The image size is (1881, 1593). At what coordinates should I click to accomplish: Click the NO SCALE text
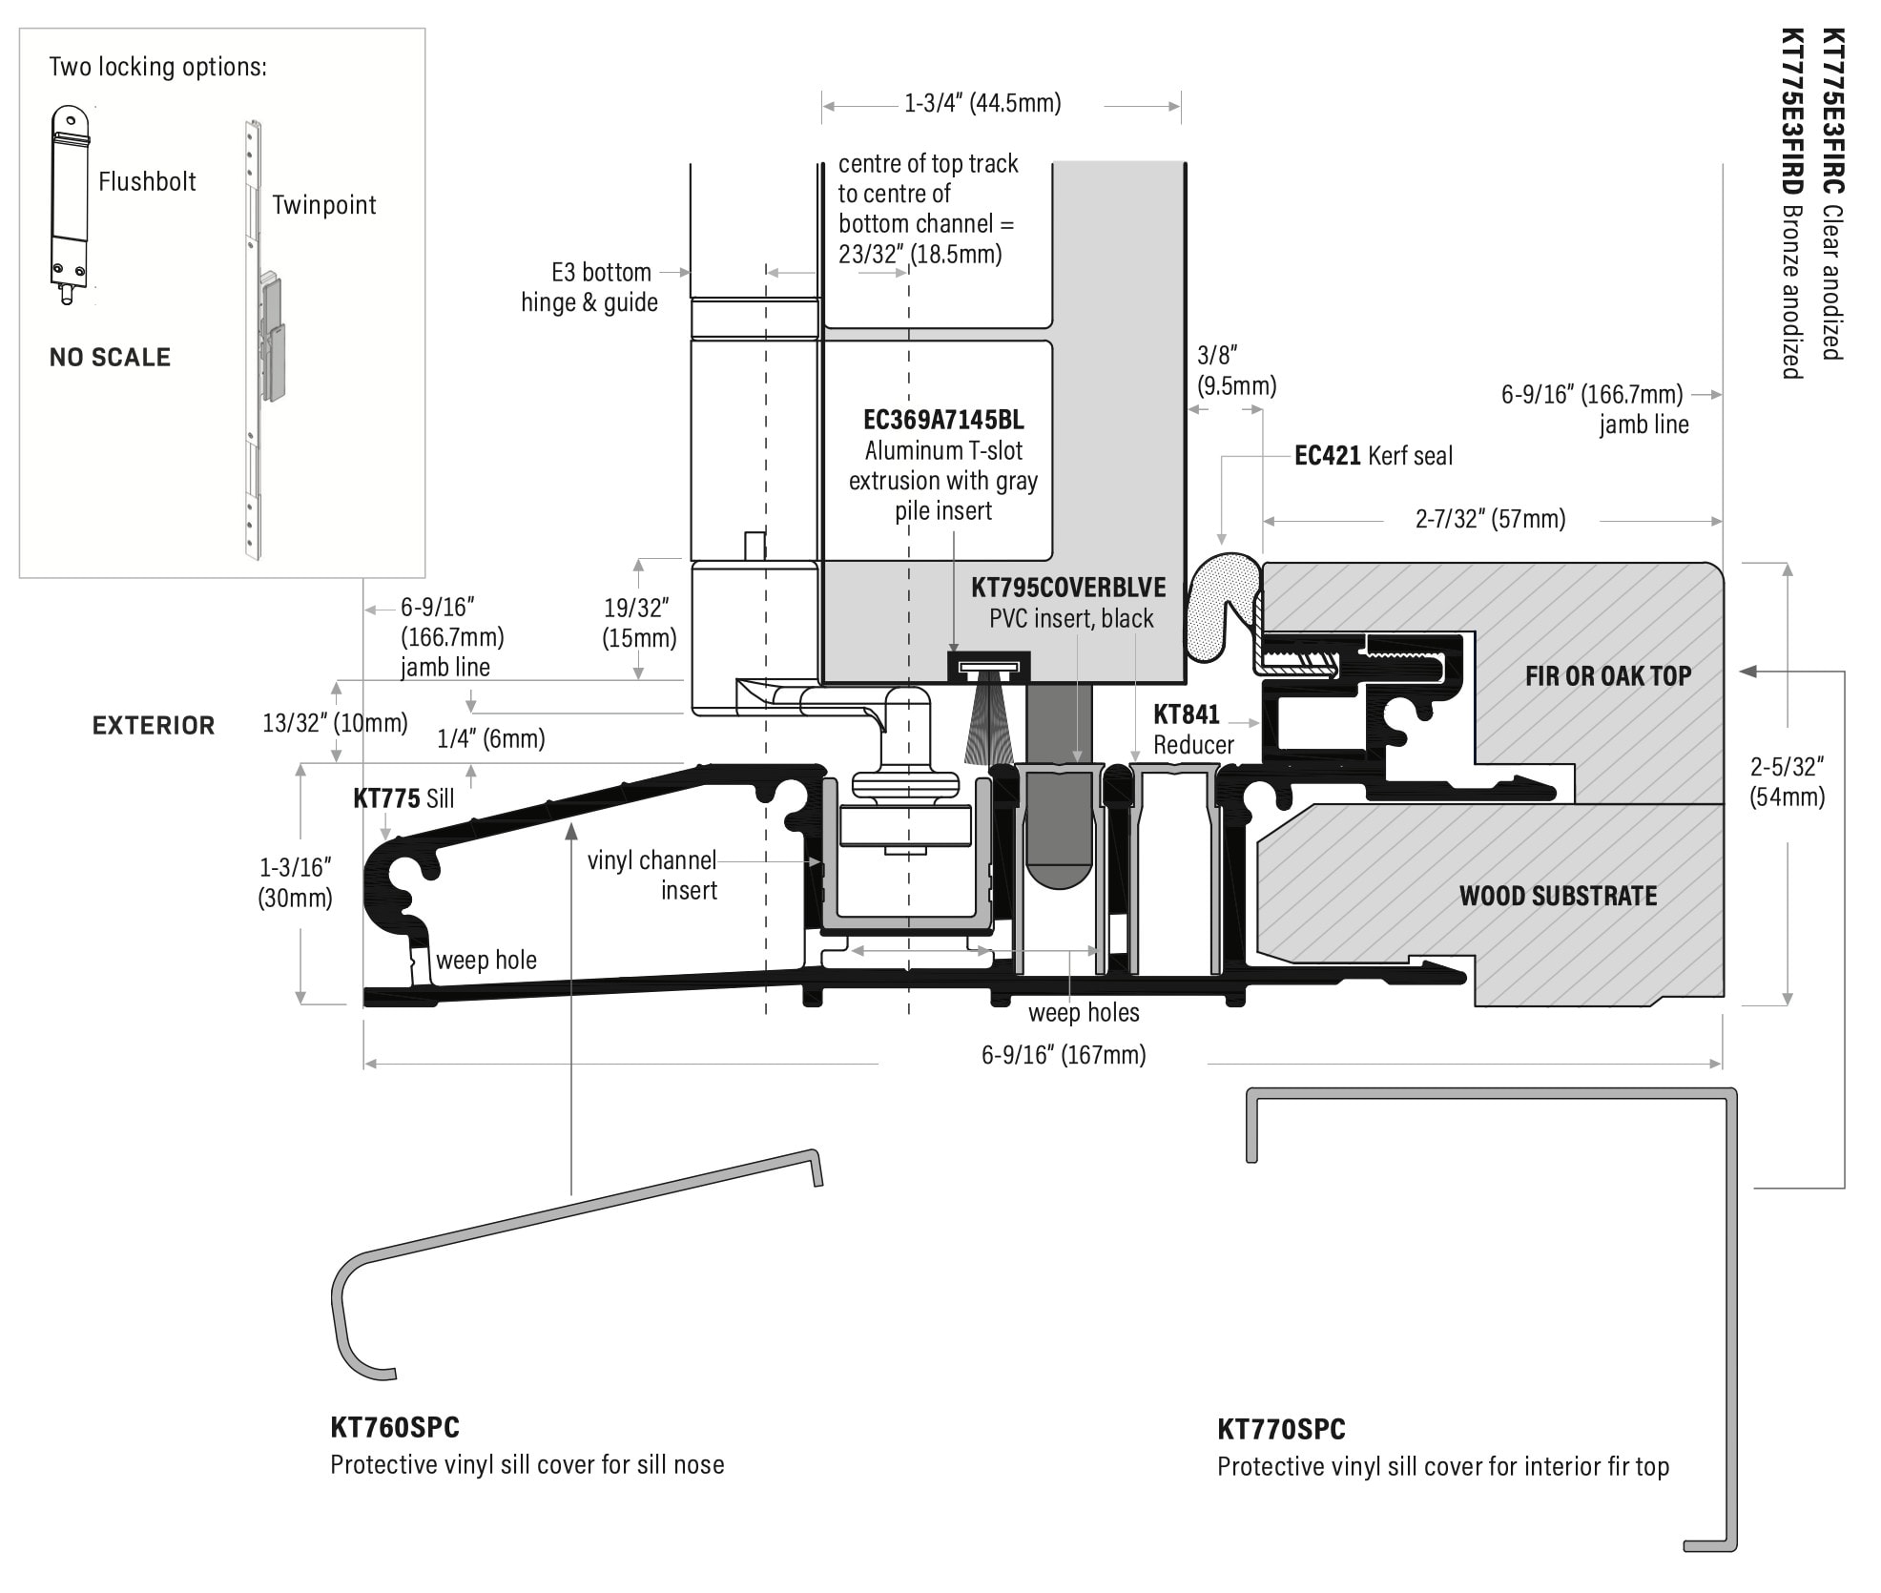pyautogui.click(x=110, y=358)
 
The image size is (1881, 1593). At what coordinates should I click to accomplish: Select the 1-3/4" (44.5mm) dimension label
pyautogui.click(x=982, y=103)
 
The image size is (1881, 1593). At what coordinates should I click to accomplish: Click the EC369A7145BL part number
pyautogui.click(x=942, y=420)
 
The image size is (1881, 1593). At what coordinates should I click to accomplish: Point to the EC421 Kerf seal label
pyautogui.click(x=1373, y=456)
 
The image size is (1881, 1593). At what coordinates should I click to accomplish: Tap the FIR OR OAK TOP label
pyautogui.click(x=1607, y=676)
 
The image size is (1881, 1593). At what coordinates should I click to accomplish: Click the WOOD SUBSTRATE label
pyautogui.click(x=1557, y=896)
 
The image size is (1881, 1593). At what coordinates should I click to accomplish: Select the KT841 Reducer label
pyautogui.click(x=1192, y=729)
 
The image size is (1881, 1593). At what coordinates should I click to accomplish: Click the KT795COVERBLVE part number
pyautogui.click(x=1067, y=588)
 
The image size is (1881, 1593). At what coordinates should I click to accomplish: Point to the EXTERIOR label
pyautogui.click(x=154, y=726)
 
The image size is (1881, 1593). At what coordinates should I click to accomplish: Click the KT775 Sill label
pyautogui.click(x=403, y=798)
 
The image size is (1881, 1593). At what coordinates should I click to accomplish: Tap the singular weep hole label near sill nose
pyautogui.click(x=486, y=960)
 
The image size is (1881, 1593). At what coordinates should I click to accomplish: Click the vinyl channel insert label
pyautogui.click(x=652, y=875)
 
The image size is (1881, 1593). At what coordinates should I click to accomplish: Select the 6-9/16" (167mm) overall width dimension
pyautogui.click(x=1063, y=1054)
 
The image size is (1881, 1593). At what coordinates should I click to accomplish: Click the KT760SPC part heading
pyautogui.click(x=395, y=1428)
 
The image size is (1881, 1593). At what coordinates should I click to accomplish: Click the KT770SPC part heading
pyautogui.click(x=1280, y=1430)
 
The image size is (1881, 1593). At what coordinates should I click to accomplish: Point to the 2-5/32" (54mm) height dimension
pyautogui.click(x=1786, y=782)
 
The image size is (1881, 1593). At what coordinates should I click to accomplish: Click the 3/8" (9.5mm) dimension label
pyautogui.click(x=1235, y=370)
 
